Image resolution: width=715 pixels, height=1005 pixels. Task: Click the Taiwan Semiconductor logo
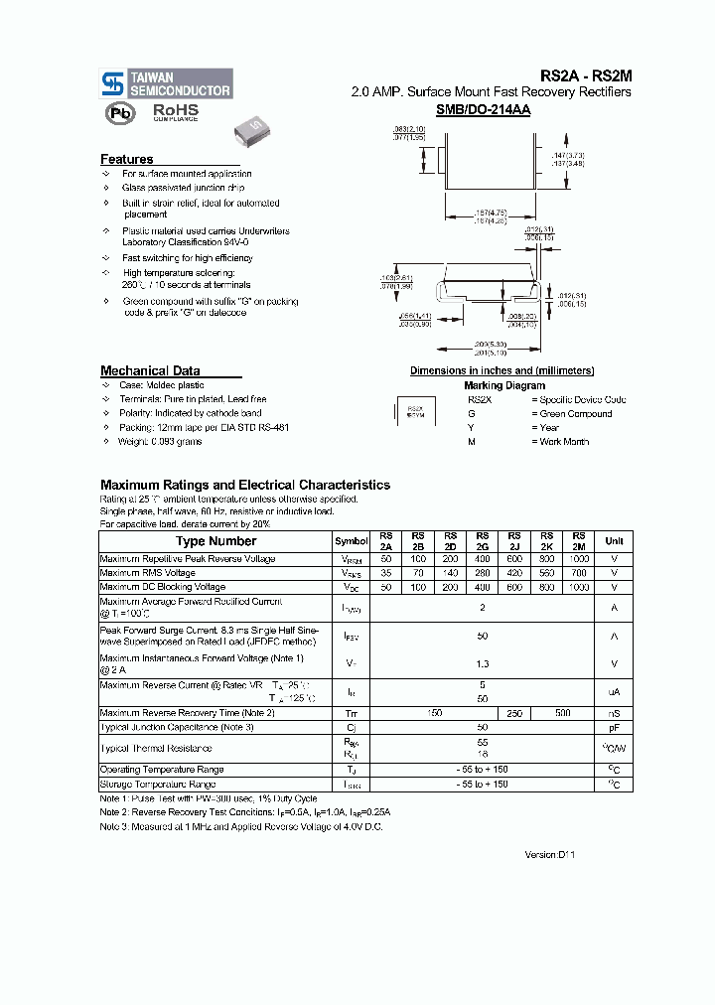pos(166,83)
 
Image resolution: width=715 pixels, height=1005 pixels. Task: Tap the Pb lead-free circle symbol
pos(120,113)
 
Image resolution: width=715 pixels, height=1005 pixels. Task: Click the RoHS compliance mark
pos(175,112)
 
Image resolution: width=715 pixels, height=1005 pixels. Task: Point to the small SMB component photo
pos(251,127)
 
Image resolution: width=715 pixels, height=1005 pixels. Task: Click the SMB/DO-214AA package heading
pos(484,110)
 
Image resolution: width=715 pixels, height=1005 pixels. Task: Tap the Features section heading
pos(127,159)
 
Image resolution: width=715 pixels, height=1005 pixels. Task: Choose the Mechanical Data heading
pos(150,370)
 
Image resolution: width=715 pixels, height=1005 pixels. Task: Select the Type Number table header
pos(215,541)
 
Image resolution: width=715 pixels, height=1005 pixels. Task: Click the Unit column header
pos(614,541)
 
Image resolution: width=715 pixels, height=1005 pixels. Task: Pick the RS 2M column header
pos(579,541)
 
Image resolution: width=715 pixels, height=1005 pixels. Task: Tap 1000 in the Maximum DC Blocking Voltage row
pos(579,587)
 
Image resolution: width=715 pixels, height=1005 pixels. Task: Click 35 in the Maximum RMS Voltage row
pos(386,573)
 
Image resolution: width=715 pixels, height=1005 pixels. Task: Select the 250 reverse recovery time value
pos(514,714)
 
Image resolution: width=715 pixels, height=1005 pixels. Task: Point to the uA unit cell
pos(614,691)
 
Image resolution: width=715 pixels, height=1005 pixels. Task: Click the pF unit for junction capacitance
pos(614,728)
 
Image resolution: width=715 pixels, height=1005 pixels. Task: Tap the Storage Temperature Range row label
pos(158,785)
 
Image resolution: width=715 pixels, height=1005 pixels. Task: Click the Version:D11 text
pos(549,854)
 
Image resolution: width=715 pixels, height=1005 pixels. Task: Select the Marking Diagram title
pos(503,385)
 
